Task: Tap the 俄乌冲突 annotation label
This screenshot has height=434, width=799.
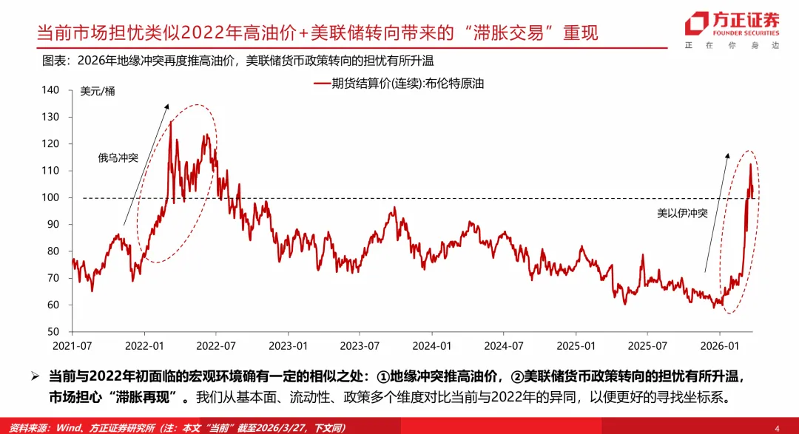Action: coord(118,157)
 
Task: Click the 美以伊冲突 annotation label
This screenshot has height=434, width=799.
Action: coord(683,213)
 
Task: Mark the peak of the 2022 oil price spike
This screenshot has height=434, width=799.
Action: coord(171,122)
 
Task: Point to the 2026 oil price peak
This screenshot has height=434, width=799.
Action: coord(750,165)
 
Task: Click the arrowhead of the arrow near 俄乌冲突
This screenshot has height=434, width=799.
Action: coord(167,106)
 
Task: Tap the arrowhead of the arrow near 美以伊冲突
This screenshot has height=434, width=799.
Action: coord(728,155)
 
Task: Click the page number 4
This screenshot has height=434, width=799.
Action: coord(777,427)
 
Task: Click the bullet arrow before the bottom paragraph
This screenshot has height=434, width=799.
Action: coord(35,377)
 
